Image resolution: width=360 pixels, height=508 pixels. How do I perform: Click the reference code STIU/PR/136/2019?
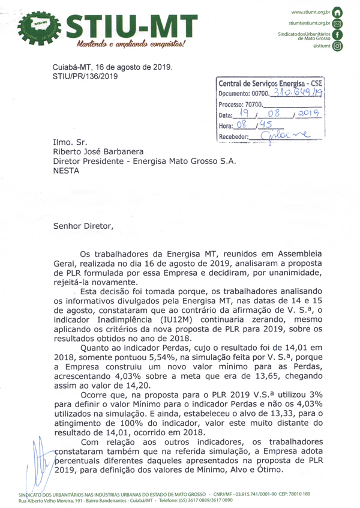tap(85, 77)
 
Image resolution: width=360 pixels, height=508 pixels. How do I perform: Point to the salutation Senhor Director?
tap(82, 226)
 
